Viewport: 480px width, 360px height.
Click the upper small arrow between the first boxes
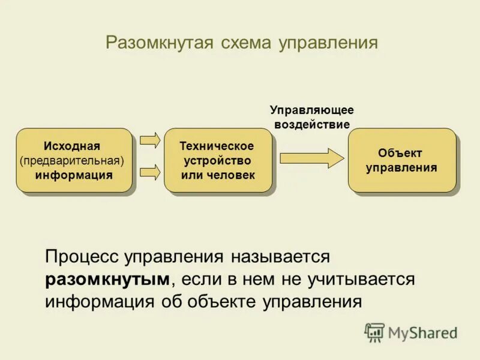tap(150, 140)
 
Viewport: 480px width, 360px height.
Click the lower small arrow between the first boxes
tap(150, 173)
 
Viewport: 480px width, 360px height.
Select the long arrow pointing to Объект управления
tap(311, 158)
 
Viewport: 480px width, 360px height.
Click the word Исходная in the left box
tap(72, 146)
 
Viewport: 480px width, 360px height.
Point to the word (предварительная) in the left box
tap(72, 161)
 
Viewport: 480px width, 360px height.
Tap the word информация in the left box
tap(74, 175)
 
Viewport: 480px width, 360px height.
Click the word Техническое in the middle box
tap(217, 146)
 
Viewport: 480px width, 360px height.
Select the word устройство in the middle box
tap(217, 161)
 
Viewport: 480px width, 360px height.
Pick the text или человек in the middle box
tap(218, 175)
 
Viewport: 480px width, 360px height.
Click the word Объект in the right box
tap(400, 153)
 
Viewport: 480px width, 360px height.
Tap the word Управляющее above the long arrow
tap(311, 110)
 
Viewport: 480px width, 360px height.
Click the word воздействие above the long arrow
tap(311, 124)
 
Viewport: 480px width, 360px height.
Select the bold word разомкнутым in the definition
tap(107, 280)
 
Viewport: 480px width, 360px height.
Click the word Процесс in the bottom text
tap(82, 257)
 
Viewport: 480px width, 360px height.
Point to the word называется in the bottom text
tap(279, 257)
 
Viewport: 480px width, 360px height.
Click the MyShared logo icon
tap(374, 332)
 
